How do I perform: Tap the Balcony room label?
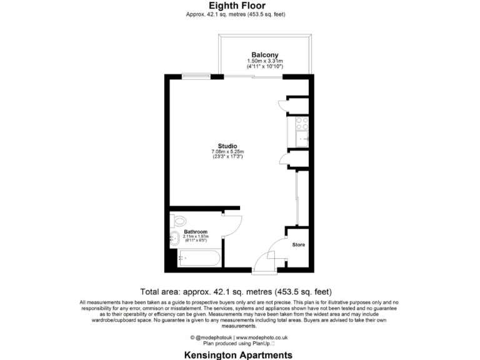coord(265,54)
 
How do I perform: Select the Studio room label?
coord(227,146)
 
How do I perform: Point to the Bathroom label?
coord(195,231)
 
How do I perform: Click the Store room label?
coord(299,244)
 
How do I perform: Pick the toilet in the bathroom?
coord(179,221)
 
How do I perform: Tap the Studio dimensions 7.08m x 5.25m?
coord(227,152)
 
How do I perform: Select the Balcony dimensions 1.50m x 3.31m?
coord(265,61)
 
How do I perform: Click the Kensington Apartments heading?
coord(238,354)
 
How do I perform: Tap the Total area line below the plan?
coord(236,291)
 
